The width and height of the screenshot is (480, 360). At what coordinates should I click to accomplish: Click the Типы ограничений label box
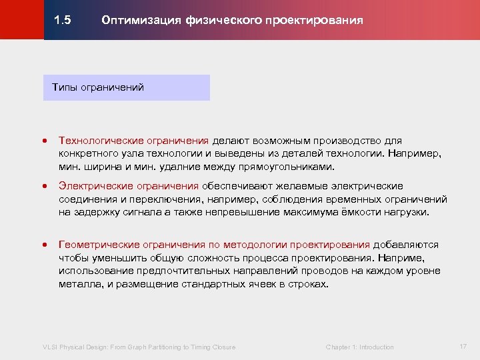[127, 87]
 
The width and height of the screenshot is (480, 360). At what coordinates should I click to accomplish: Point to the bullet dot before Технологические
[44, 141]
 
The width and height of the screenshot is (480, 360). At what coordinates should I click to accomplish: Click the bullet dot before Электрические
[44, 187]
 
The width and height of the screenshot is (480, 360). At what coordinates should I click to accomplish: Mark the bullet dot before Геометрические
[44, 245]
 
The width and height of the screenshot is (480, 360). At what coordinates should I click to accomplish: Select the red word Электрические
[93, 186]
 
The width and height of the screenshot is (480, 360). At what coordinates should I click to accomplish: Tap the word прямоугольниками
[284, 166]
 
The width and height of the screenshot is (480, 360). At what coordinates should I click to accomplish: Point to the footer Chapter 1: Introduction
[359, 347]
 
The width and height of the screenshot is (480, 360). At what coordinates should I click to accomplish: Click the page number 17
[463, 346]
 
